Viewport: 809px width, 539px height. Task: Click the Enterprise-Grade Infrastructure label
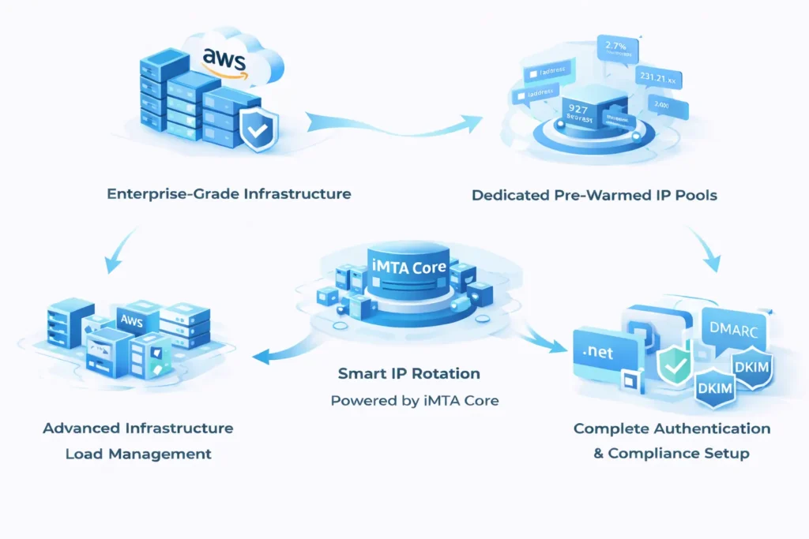click(x=229, y=193)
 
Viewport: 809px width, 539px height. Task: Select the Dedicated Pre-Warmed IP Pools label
click(x=594, y=194)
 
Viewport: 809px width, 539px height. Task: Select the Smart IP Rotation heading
click(x=409, y=372)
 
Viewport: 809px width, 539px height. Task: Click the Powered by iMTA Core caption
click(x=415, y=400)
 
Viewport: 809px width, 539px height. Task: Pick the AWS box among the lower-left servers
click(x=130, y=320)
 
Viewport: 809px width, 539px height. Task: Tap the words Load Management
click(x=138, y=454)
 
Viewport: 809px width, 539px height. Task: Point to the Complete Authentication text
click(x=672, y=429)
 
